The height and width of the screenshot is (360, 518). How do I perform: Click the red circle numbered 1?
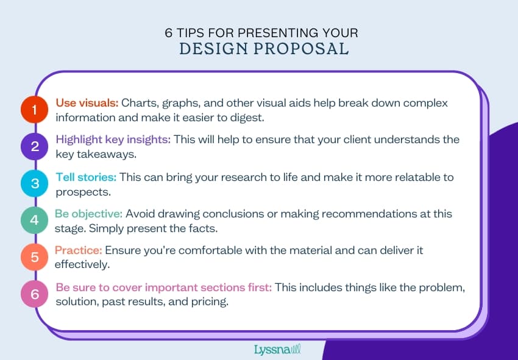34,110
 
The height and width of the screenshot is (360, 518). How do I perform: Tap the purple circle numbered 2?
34,146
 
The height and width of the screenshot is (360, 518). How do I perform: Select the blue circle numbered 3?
34,183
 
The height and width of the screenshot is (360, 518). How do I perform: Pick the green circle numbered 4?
34,220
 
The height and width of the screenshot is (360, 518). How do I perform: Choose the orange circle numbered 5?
34,257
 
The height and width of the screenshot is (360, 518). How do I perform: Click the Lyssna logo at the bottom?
277,350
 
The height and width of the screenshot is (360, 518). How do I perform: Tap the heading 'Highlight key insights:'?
113,139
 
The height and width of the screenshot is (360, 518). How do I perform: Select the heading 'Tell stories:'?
86,177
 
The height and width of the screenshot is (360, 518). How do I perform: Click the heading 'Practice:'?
78,250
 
